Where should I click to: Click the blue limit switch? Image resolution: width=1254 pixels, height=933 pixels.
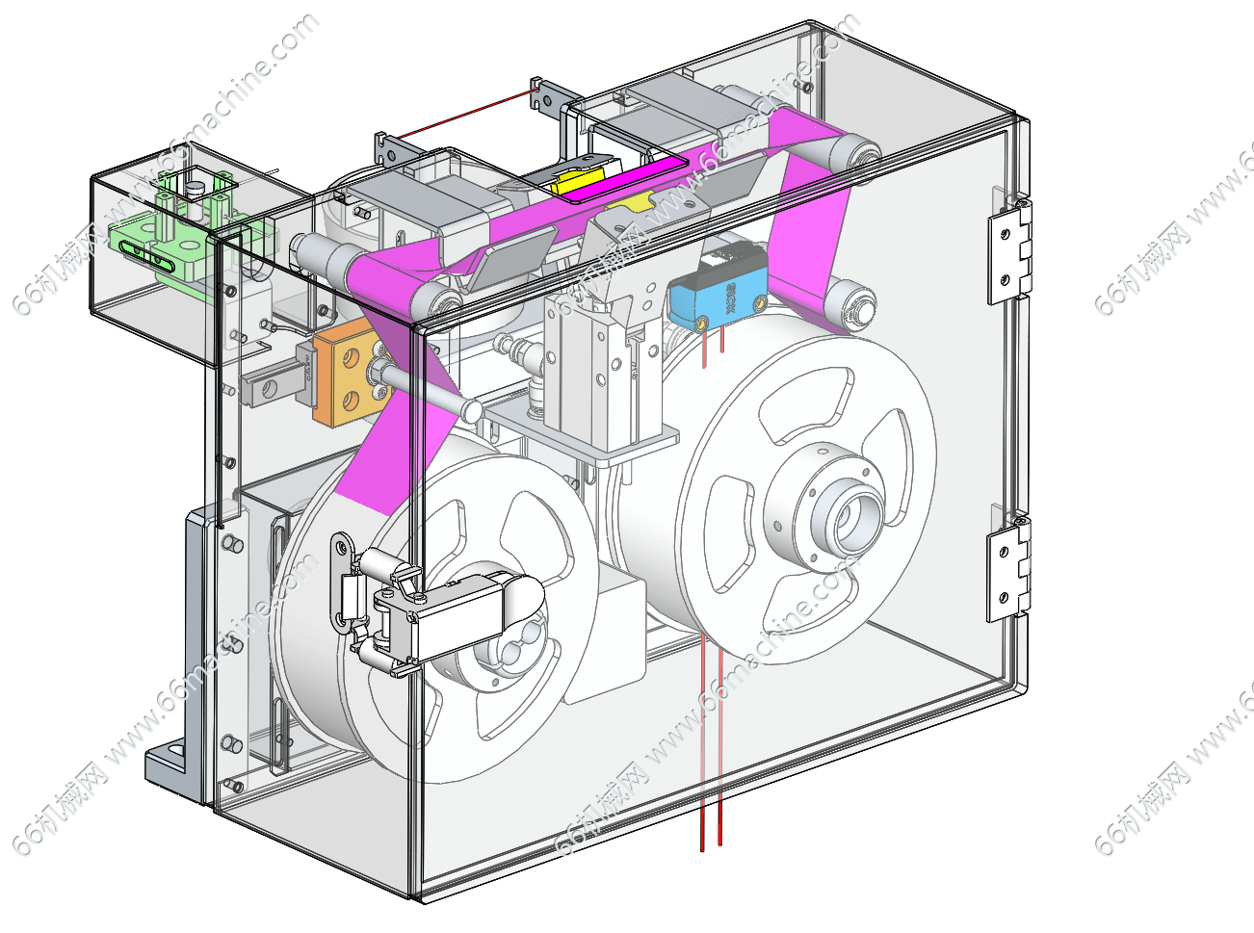tap(715, 297)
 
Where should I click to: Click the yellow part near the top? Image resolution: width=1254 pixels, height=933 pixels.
tap(577, 180)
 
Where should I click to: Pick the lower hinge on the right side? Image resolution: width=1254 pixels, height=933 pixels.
tap(1007, 568)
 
